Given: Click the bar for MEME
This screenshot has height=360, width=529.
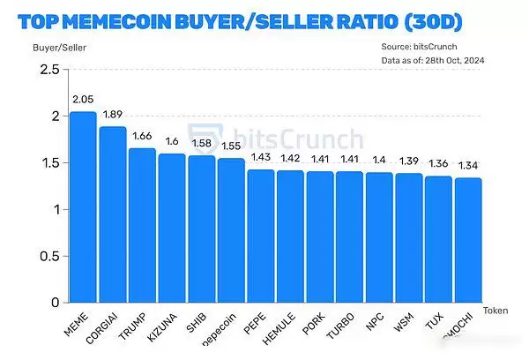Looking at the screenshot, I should (83, 207).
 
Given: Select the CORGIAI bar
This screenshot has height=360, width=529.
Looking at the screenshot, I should (113, 214).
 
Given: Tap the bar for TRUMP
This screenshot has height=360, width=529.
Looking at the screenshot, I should (142, 225).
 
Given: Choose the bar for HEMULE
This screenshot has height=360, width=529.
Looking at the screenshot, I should (290, 236).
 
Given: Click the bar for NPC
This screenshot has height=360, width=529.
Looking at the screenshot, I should (379, 237).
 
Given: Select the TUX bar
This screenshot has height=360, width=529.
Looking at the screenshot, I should (438, 239).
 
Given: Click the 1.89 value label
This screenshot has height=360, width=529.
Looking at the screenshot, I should (113, 115).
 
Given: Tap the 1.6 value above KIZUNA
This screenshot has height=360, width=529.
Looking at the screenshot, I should (172, 142).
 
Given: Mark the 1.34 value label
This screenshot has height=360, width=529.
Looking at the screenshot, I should (468, 166).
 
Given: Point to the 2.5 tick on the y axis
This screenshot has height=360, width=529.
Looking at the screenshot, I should (49, 70).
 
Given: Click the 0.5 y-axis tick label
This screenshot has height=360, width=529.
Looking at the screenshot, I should (49, 257).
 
